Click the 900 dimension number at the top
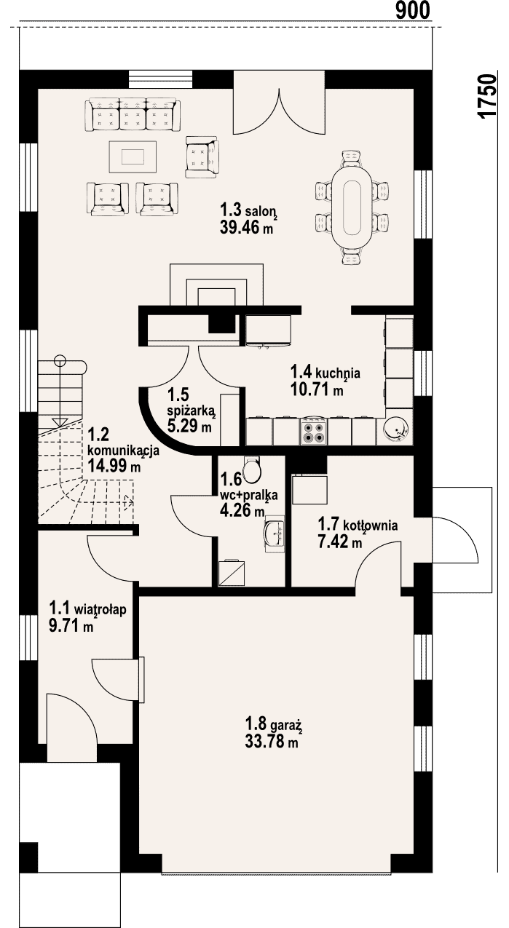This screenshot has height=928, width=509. [412, 10]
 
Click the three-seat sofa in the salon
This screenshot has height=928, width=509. [133, 114]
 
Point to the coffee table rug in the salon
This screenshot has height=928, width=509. [133, 156]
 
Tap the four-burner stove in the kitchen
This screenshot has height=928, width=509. [313, 432]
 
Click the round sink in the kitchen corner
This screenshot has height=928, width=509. [395, 429]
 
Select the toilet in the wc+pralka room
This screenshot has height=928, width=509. [252, 469]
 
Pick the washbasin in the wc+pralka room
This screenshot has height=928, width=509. [275, 534]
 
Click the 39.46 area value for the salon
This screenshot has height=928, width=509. [240, 227]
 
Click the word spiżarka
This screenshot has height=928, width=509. [191, 411]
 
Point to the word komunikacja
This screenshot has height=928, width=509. [124, 451]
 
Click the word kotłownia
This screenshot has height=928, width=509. [371, 526]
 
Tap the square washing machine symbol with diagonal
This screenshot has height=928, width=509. [232, 574]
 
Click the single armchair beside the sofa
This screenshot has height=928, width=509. [202, 157]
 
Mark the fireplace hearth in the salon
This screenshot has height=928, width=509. [216, 285]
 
